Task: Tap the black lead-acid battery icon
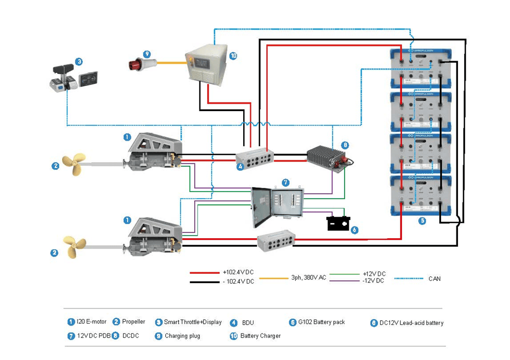coord(338,223)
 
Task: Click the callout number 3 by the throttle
coord(79,62)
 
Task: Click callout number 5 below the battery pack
coord(422,221)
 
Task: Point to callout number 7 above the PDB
coord(286,182)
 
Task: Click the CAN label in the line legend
coord(435,278)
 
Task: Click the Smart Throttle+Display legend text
coord(193,322)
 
